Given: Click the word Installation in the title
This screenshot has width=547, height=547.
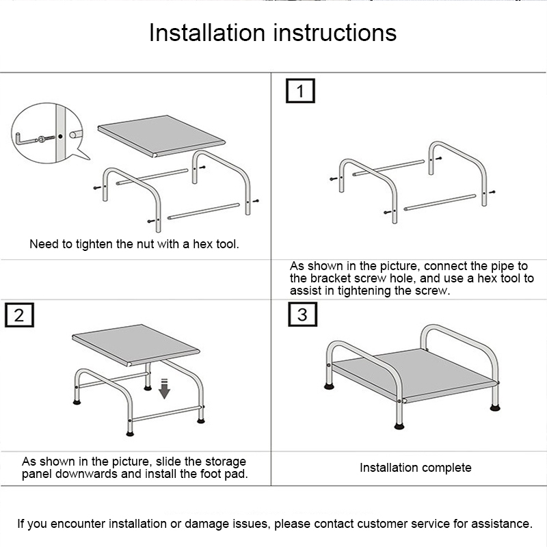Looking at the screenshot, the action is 207,33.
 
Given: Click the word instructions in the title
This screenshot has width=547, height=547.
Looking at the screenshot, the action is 335,33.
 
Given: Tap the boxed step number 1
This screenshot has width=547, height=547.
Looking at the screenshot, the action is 300,91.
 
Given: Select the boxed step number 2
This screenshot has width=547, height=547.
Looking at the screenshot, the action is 20,315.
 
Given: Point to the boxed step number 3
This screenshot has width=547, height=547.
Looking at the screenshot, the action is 303,315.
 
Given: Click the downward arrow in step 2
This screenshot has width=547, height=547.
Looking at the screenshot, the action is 164,389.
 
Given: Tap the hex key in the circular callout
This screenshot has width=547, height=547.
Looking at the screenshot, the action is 27,139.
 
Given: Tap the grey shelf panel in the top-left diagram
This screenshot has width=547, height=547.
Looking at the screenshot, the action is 161,135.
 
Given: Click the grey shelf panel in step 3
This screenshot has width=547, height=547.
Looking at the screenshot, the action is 415,375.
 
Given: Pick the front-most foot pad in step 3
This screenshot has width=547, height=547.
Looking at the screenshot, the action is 399,425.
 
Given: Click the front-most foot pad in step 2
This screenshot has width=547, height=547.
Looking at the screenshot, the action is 130,433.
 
